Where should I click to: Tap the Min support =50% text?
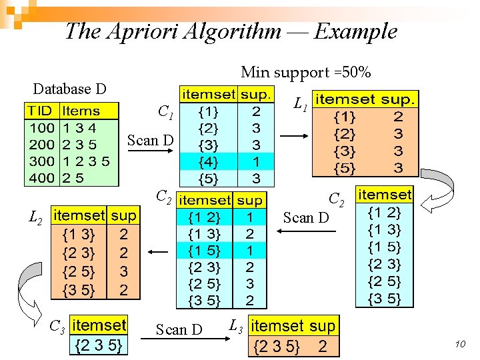pyautogui.click(x=306, y=72)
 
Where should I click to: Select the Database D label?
pyautogui.click(x=69, y=89)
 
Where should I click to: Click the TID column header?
pyautogui.click(x=39, y=111)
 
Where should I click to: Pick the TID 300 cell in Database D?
pyautogui.click(x=41, y=161)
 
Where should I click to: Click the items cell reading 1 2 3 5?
pyautogui.click(x=85, y=161)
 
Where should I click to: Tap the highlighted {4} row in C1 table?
pyautogui.click(x=226, y=161)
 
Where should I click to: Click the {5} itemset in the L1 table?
pyautogui.click(x=344, y=167)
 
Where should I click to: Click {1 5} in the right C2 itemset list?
pyautogui.click(x=385, y=247)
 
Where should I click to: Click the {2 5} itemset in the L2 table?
pyautogui.click(x=78, y=272)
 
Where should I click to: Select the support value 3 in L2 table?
pyautogui.click(x=124, y=272)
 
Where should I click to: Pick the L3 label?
pyautogui.click(x=235, y=326)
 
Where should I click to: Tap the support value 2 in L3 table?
pyautogui.click(x=323, y=346)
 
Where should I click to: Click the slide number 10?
pyautogui.click(x=459, y=344)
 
